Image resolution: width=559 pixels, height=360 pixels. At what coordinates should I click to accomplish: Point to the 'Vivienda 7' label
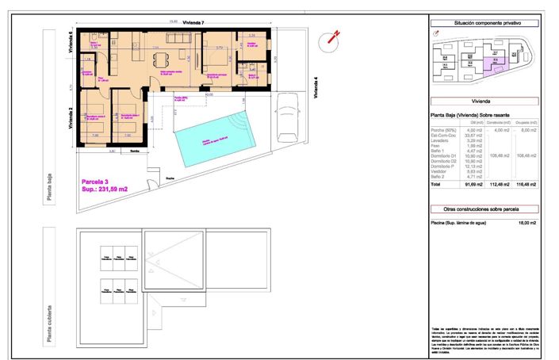(193, 25)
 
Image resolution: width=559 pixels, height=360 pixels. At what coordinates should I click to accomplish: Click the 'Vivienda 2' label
(71, 117)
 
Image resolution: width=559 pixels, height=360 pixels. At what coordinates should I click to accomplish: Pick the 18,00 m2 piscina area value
(527, 224)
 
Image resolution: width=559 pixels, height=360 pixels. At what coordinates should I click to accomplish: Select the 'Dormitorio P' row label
(442, 165)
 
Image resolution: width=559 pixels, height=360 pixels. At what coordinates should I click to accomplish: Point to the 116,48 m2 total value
(527, 183)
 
